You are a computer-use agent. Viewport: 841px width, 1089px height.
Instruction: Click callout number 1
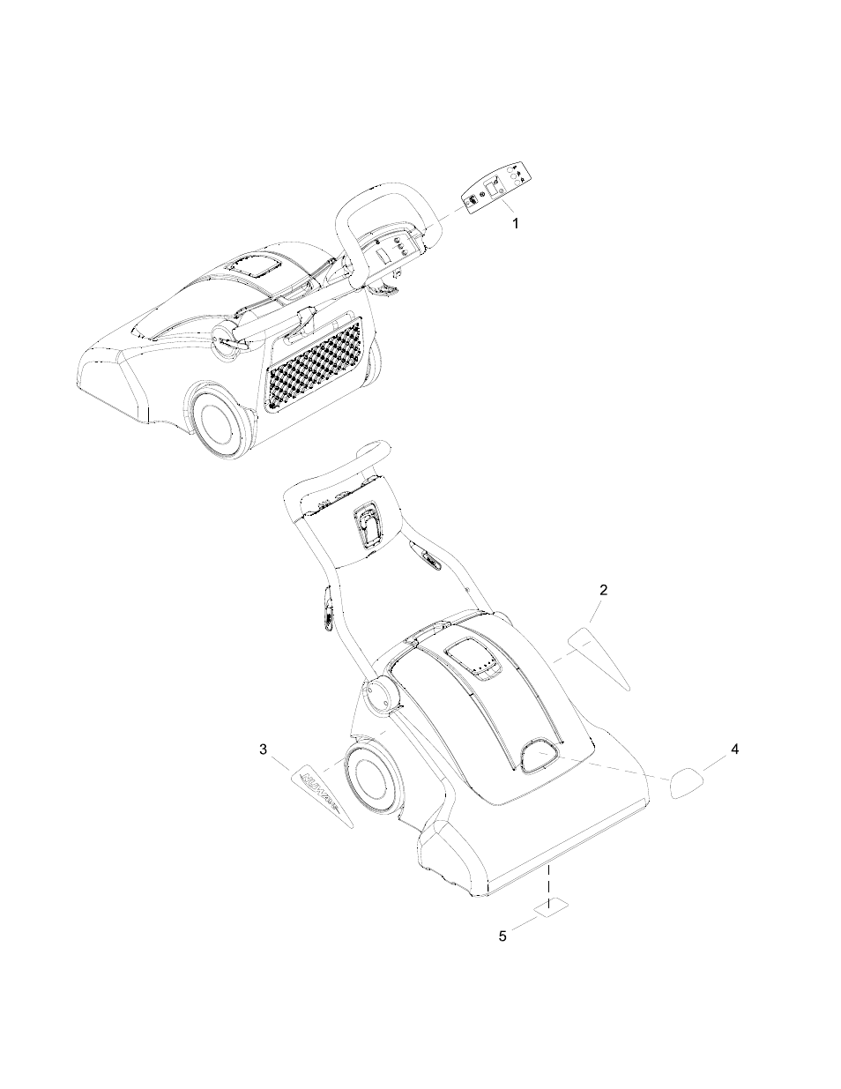click(516, 223)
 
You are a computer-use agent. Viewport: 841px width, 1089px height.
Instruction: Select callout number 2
click(603, 590)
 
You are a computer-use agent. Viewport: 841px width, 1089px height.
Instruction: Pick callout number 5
click(502, 936)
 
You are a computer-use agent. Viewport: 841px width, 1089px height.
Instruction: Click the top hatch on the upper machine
click(250, 267)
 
